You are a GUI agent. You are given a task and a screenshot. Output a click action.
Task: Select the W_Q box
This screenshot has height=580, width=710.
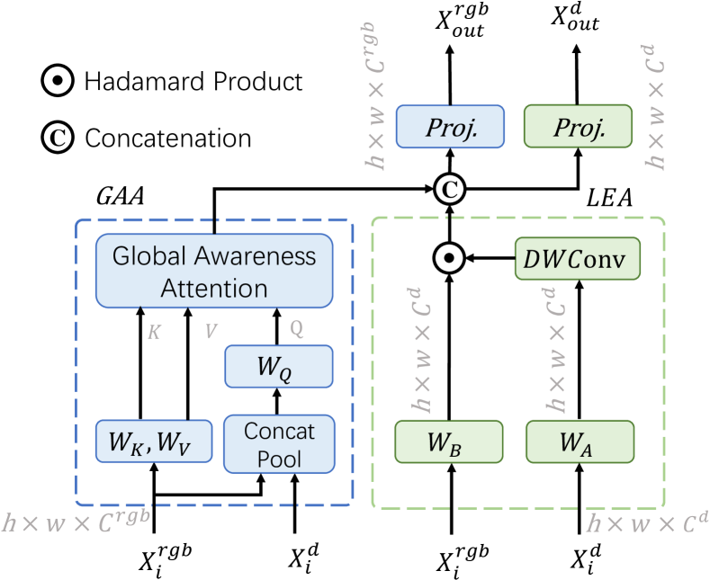tap(278, 366)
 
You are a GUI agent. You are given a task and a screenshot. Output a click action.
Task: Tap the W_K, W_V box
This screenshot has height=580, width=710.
tap(149, 442)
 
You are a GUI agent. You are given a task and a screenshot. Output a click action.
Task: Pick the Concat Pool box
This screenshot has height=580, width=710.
tap(279, 443)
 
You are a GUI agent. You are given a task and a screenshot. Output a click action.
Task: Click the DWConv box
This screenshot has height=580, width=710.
tap(577, 260)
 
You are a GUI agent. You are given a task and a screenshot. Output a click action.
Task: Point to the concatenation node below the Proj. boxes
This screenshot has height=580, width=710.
tap(448, 189)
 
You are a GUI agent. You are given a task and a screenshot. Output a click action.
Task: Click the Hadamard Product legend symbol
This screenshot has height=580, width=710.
tap(57, 83)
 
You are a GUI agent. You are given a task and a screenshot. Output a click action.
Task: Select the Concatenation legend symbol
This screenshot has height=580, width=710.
tap(57, 138)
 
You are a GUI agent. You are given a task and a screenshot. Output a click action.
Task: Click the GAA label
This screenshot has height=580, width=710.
tap(120, 196)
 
